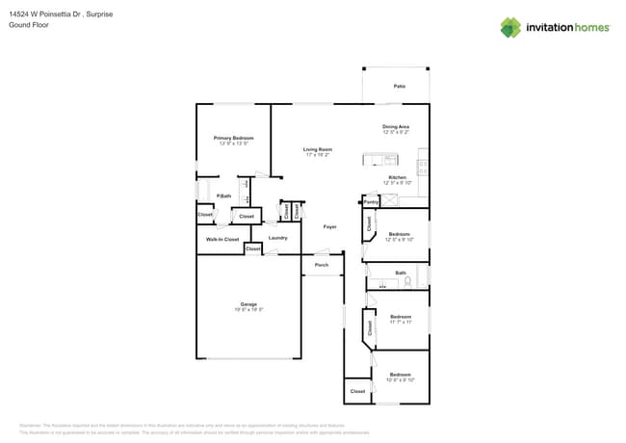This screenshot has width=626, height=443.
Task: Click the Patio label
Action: [x=399, y=87]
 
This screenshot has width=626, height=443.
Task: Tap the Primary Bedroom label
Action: [x=233, y=139]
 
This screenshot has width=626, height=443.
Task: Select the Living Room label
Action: [x=318, y=149]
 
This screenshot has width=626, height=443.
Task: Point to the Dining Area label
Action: [x=396, y=127]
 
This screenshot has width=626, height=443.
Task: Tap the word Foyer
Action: [x=329, y=226]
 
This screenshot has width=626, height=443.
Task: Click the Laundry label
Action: [x=278, y=238]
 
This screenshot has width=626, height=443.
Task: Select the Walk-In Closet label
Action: [x=222, y=239]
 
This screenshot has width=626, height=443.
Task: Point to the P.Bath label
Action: [x=222, y=196]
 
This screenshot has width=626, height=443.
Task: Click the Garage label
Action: [x=248, y=304]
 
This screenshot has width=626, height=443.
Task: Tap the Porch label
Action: [x=322, y=265]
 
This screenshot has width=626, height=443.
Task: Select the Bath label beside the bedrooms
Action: [x=401, y=274]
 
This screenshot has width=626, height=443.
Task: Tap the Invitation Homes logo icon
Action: [x=510, y=27]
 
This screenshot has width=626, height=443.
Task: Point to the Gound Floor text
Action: [x=28, y=25]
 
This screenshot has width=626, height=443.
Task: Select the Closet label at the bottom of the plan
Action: [x=357, y=392]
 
